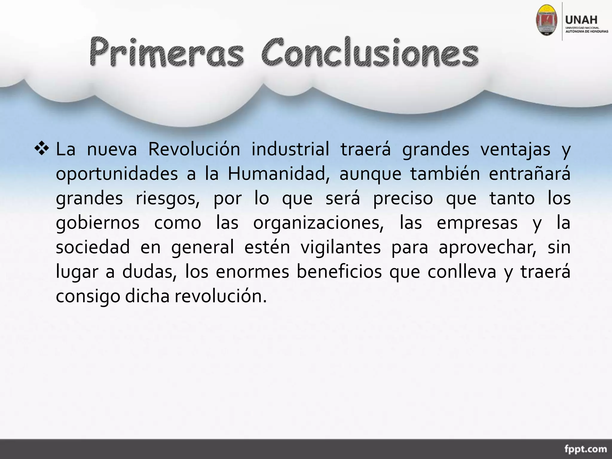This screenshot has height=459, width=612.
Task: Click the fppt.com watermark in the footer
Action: coord(585,449)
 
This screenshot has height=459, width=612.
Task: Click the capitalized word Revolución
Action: coord(194,149)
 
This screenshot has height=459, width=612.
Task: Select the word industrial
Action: coord(290,149)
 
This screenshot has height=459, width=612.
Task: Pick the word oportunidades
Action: coord(117,174)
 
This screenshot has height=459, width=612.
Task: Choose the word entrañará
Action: coord(529,174)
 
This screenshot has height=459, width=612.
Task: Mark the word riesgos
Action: coord(168,198)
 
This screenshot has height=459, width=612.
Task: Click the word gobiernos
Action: coord(98,223)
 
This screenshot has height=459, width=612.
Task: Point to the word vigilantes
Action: coord(340,247)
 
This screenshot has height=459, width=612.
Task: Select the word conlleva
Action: coord(462,272)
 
